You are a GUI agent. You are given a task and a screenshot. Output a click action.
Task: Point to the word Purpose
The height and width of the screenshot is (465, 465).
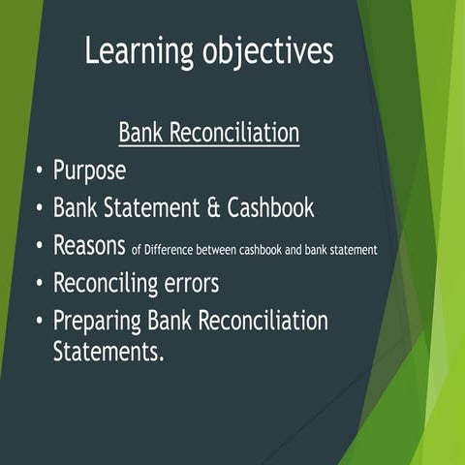click(89, 171)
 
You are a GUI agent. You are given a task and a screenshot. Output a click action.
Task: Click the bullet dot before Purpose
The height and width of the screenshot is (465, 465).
click(38, 171)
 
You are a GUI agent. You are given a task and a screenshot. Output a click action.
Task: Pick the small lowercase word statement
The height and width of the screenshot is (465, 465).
click(352, 250)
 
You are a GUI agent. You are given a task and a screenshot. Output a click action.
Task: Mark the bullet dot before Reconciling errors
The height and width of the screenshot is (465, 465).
click(38, 284)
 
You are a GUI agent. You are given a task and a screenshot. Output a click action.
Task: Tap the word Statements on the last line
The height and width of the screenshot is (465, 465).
click(108, 351)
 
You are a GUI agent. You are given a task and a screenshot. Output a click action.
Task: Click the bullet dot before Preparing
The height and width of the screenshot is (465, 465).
click(38, 321)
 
